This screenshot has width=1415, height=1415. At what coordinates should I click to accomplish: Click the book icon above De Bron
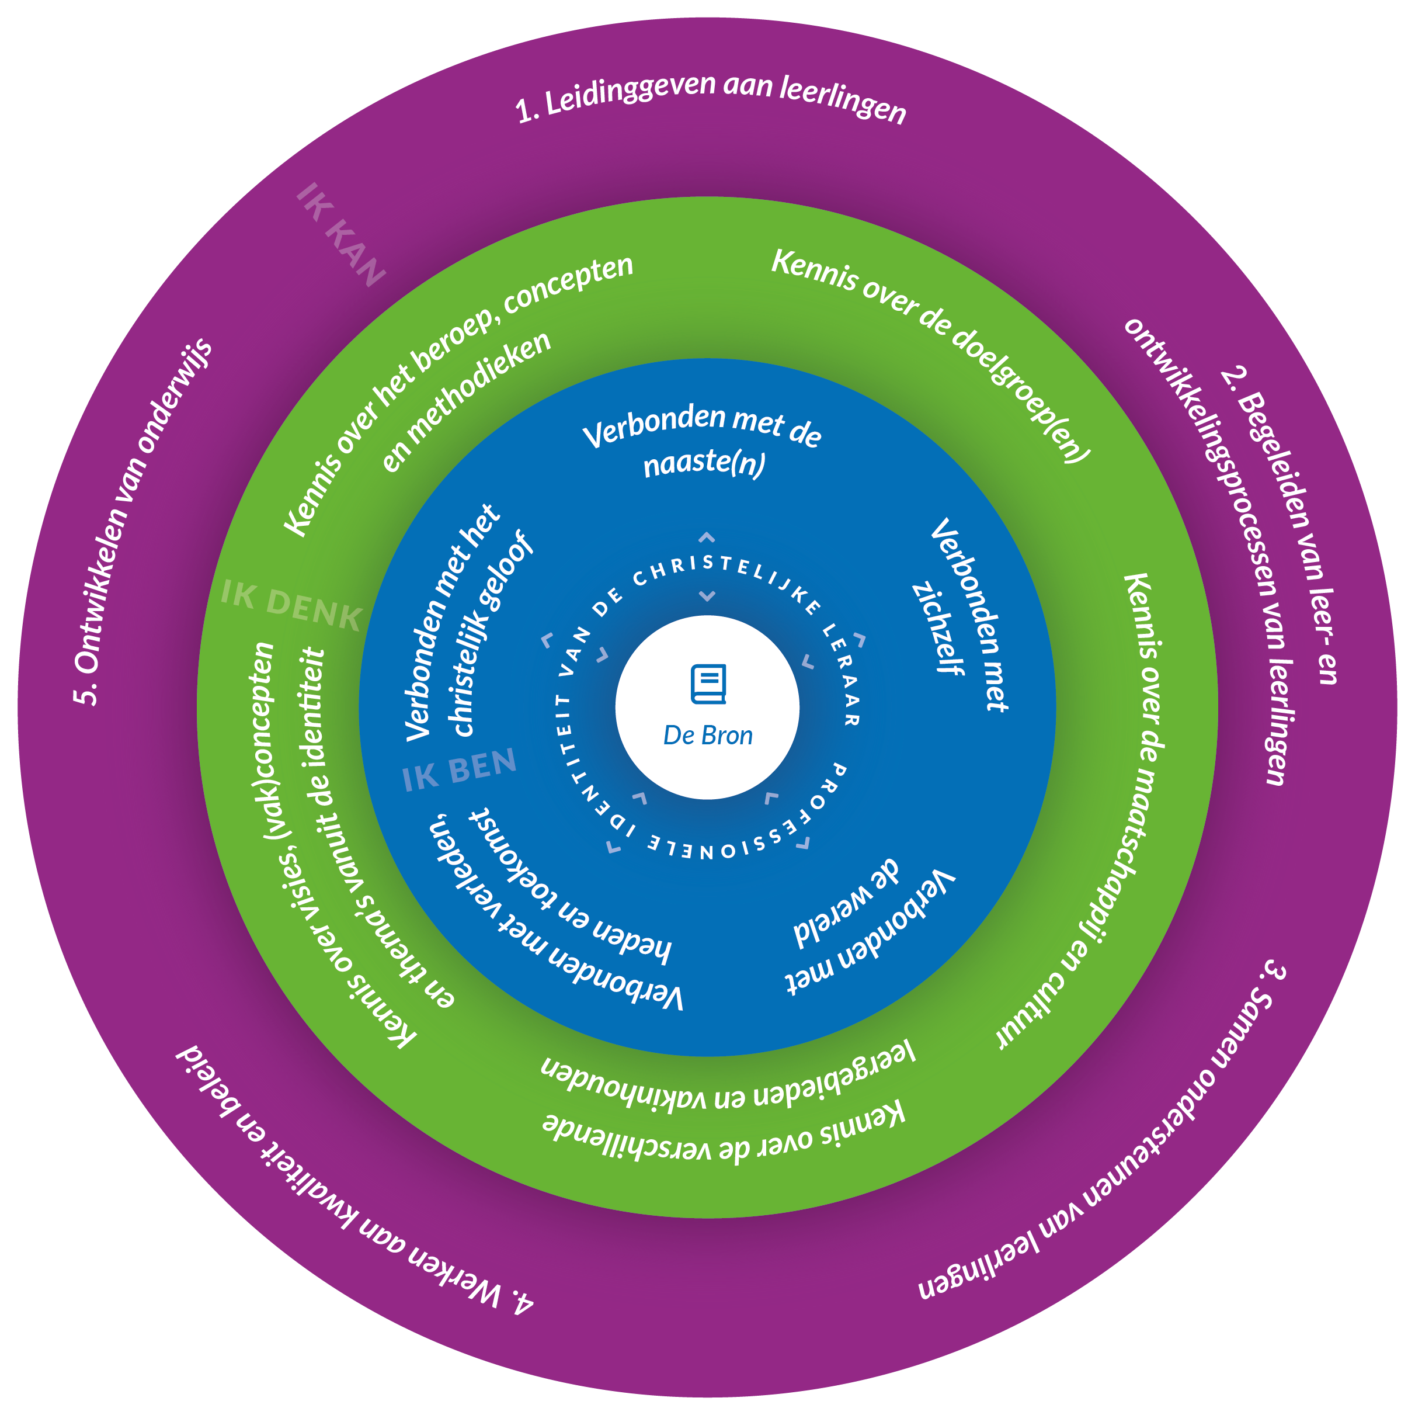708,683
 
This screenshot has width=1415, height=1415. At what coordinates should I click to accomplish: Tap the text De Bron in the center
708,736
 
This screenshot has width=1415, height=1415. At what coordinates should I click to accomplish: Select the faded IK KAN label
340,234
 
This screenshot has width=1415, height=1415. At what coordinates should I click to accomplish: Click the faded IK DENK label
291,605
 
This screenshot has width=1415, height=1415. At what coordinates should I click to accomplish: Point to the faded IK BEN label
459,770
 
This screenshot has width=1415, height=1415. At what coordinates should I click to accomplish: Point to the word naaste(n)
704,463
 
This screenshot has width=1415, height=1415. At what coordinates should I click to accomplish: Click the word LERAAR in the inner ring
842,674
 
